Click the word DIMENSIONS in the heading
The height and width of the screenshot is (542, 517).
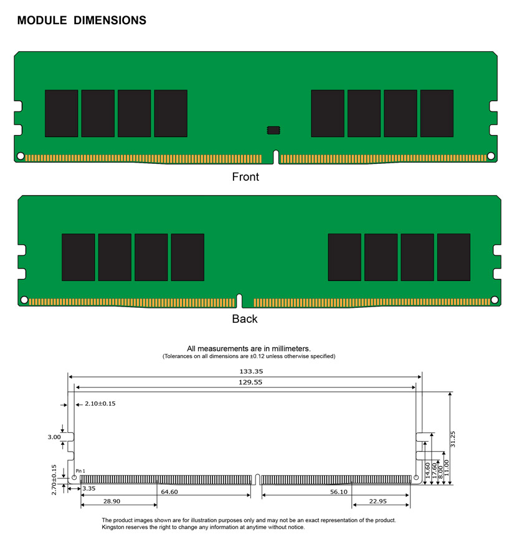tap(110, 21)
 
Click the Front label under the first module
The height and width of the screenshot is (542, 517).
tap(245, 177)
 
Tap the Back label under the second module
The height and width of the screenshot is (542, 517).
tap(245, 319)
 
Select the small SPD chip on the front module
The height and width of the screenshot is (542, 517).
tap(273, 130)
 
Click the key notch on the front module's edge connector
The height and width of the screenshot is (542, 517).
tap(276, 157)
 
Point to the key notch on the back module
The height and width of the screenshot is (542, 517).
tap(239, 301)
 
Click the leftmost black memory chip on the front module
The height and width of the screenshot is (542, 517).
tap(62, 113)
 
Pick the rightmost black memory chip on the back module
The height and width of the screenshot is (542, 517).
tap(453, 257)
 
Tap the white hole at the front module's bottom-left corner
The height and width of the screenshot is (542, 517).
tap(21, 156)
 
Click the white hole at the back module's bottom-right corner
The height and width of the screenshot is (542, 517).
tap(495, 300)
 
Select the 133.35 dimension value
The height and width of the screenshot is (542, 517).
tap(251, 371)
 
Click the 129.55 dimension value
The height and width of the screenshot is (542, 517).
tap(250, 383)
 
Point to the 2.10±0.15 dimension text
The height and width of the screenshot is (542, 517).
tap(100, 404)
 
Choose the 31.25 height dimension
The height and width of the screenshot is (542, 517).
tap(453, 439)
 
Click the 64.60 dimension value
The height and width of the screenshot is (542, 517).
tap(169, 492)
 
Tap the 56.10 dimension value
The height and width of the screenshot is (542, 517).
tap(339, 492)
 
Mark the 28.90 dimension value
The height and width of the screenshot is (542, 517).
tap(111, 502)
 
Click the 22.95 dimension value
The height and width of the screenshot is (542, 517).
tap(377, 502)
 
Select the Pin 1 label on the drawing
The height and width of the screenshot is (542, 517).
tap(80, 471)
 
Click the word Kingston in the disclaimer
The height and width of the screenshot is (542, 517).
tap(113, 528)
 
